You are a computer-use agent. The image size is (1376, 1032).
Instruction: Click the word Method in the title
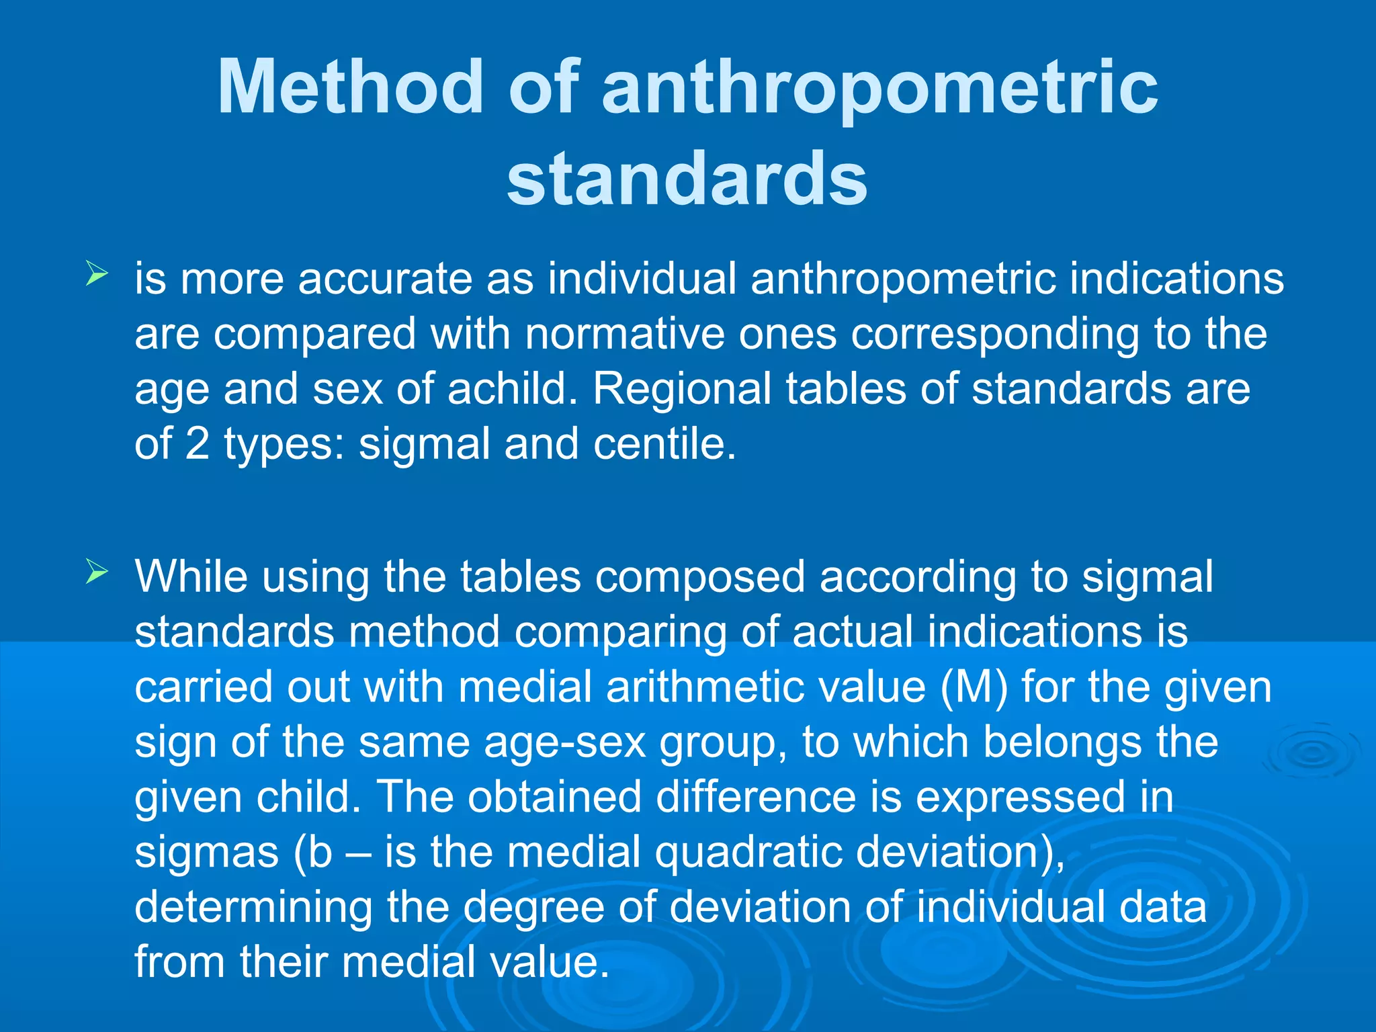(x=350, y=87)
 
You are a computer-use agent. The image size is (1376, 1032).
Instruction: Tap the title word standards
(x=687, y=179)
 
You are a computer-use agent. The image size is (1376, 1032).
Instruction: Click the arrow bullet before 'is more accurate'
(x=97, y=274)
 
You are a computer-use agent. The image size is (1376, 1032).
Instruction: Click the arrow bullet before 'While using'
(x=97, y=572)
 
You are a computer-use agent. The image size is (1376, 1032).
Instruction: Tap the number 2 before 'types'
(x=197, y=443)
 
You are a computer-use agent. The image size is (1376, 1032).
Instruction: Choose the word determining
(x=253, y=907)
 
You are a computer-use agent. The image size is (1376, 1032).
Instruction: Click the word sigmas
(x=206, y=852)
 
